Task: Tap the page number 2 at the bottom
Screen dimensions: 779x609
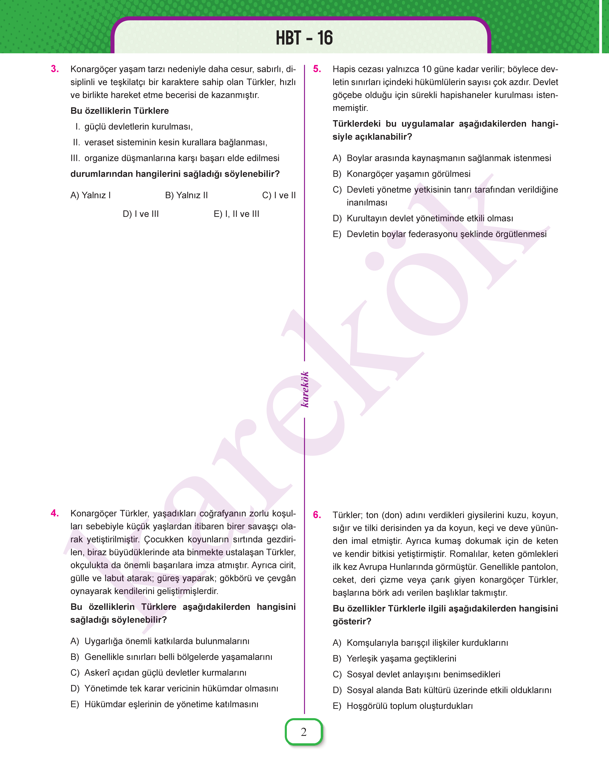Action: click(x=304, y=732)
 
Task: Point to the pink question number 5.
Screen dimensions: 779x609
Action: click(x=317, y=69)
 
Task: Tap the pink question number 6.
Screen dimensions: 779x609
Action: click(x=317, y=515)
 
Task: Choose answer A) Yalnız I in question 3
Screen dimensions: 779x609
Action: click(x=91, y=195)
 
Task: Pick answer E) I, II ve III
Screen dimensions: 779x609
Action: click(x=236, y=214)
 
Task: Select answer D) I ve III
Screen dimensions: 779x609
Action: click(x=141, y=214)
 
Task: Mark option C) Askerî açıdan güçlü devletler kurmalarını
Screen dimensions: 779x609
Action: click(x=159, y=673)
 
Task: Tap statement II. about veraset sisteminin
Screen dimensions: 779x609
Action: click(x=170, y=142)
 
